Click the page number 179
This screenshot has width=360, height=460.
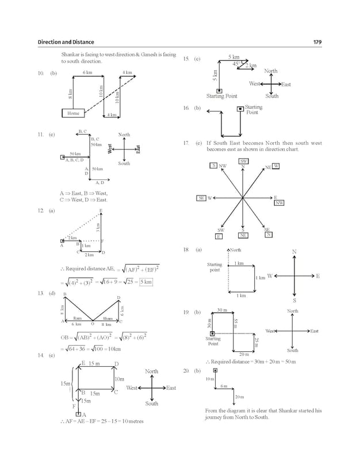tap(317, 42)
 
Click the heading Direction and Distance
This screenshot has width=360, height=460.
tap(66, 42)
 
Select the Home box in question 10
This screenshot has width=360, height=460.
tap(73, 113)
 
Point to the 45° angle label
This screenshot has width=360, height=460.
tap(236, 64)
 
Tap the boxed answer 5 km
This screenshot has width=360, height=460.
tap(146, 282)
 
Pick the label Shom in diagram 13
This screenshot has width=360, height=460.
tap(108, 318)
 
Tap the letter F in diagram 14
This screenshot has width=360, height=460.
tap(74, 406)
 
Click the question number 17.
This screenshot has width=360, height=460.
tap(186, 143)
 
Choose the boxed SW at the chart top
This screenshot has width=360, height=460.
tap(243, 162)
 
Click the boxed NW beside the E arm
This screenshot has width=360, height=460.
tap(279, 203)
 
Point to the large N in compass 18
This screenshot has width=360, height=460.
tap(294, 252)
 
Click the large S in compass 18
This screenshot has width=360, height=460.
tap(294, 300)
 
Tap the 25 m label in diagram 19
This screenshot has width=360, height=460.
tap(256, 343)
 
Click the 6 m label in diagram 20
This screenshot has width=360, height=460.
tap(224, 386)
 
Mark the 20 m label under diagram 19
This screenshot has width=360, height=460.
tap(243, 354)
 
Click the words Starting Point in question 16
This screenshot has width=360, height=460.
tap(253, 110)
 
